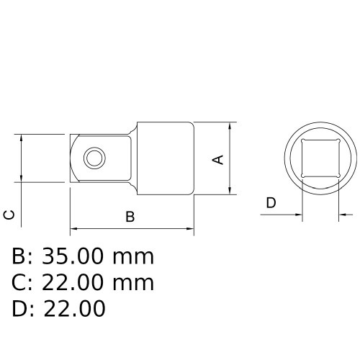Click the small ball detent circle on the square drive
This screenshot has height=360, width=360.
pyautogui.click(x=93, y=156)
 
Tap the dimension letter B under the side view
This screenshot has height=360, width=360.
pyautogui.click(x=130, y=217)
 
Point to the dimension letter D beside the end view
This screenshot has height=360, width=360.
pyautogui.click(x=271, y=203)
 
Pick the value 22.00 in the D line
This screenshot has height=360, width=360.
pyautogui.click(x=75, y=309)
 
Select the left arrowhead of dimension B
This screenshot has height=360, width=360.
pyautogui.click(x=74, y=230)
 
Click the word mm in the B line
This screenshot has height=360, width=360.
pyautogui.click(x=136, y=256)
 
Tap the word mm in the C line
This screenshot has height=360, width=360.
pyautogui.click(x=136, y=283)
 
